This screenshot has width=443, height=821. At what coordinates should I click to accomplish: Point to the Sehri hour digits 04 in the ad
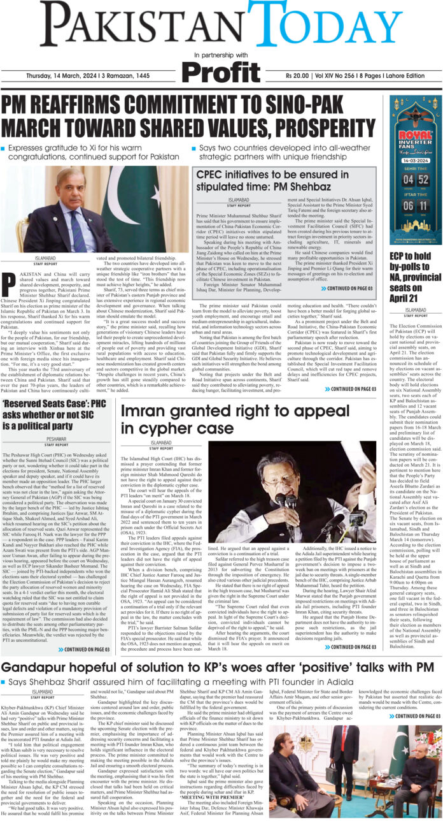click(x=405, y=180)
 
